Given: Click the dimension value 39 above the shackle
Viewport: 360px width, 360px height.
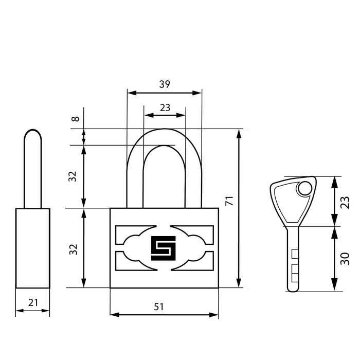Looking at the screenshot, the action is click(165, 84).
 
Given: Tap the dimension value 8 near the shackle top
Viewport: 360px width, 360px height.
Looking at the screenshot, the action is click(76, 119).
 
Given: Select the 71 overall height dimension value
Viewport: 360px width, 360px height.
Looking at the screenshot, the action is click(229, 201).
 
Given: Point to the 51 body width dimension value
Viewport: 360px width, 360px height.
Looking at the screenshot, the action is click(159, 307).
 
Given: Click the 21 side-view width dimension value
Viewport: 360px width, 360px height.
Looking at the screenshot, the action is click(33, 303).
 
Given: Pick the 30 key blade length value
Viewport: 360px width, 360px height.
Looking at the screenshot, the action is click(345, 259).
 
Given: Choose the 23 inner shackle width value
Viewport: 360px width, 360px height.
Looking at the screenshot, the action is click(165, 107).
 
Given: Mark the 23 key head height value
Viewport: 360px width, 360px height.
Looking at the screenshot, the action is click(345, 203).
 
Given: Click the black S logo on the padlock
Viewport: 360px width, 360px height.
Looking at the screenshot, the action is click(163, 248).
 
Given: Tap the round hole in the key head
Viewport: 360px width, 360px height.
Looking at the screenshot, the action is click(305, 188).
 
